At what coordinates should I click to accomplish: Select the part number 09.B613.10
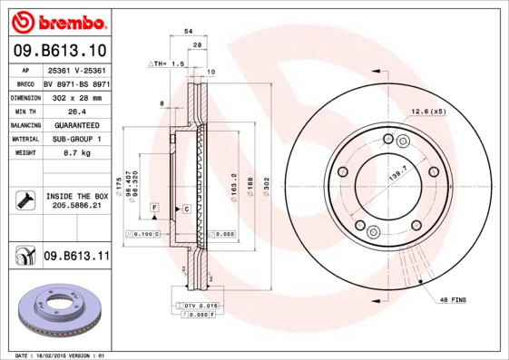(58, 51)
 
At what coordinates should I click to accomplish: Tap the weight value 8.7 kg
(76, 153)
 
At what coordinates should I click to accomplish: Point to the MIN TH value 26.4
(76, 110)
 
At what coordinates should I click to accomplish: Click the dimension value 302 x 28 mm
(76, 96)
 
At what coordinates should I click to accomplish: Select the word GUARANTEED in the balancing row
(76, 124)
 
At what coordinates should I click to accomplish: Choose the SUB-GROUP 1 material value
(76, 139)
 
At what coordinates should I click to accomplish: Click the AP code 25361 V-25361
(76, 69)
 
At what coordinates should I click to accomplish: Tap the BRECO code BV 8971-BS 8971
(76, 83)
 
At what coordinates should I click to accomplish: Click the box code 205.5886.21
(76, 206)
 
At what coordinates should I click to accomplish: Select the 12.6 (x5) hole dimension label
(428, 111)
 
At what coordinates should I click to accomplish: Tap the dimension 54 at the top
(188, 31)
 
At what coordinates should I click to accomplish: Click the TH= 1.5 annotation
(167, 64)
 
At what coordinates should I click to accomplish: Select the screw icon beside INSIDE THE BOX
(24, 200)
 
